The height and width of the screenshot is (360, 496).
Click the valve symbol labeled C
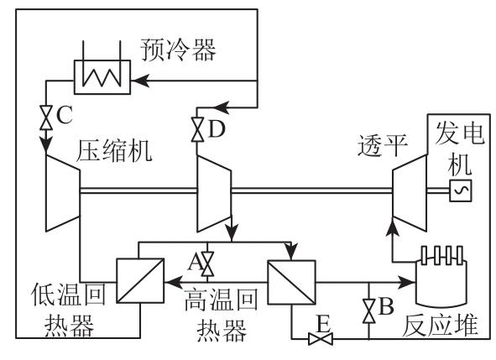click(46, 117)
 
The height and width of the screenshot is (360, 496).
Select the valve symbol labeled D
click(198, 129)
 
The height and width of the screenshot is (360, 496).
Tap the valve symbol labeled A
click(208, 263)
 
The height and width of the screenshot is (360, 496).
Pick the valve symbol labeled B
click(368, 311)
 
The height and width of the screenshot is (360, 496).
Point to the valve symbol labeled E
click(320, 339)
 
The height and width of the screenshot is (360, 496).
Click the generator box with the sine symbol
click(461, 190)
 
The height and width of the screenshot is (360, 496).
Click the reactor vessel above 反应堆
click(441, 276)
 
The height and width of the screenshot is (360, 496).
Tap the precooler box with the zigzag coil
click(102, 77)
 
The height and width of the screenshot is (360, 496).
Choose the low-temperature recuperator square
click(140, 280)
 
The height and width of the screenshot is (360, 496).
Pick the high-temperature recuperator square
click(292, 283)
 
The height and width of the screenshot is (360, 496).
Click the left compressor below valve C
click(63, 193)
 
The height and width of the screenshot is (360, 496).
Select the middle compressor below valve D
click(214, 194)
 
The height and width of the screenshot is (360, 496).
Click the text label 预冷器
click(178, 50)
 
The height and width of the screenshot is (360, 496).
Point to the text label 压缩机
click(114, 150)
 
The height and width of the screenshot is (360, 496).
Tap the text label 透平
click(383, 145)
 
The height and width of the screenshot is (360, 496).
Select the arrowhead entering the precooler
click(140, 81)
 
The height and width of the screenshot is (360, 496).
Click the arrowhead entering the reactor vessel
click(406, 282)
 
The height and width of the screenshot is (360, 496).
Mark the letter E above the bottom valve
click(323, 323)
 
